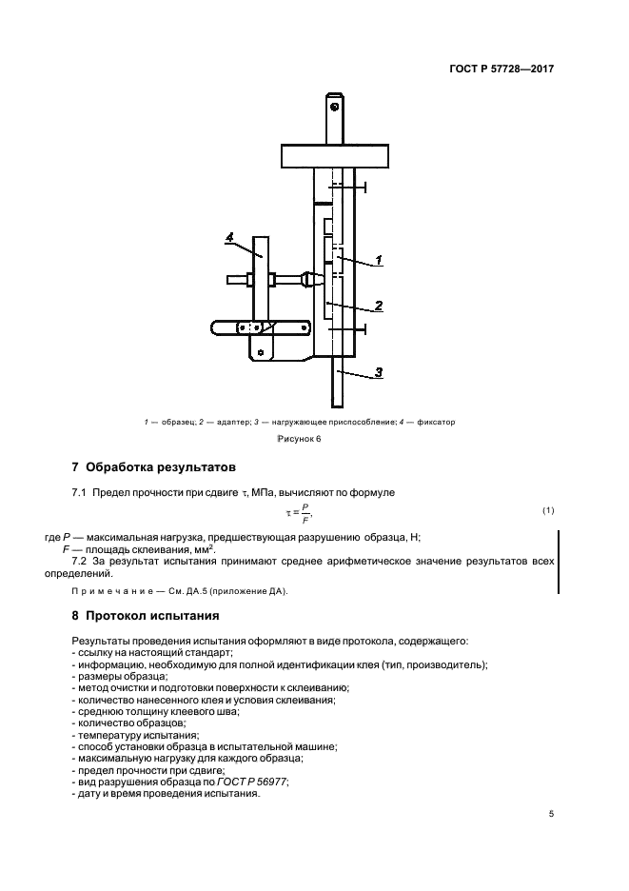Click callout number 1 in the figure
pos(378,258)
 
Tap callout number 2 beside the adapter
pos(378,306)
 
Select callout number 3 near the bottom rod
pos(378,372)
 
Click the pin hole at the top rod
pos(336,106)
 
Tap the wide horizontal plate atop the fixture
pos(336,155)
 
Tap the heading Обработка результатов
pos(153,467)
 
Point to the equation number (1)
pos(548,511)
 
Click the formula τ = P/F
pos(299,514)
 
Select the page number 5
pos(551,814)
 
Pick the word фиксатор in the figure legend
pos(432,421)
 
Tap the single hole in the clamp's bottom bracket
pos(259,352)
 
